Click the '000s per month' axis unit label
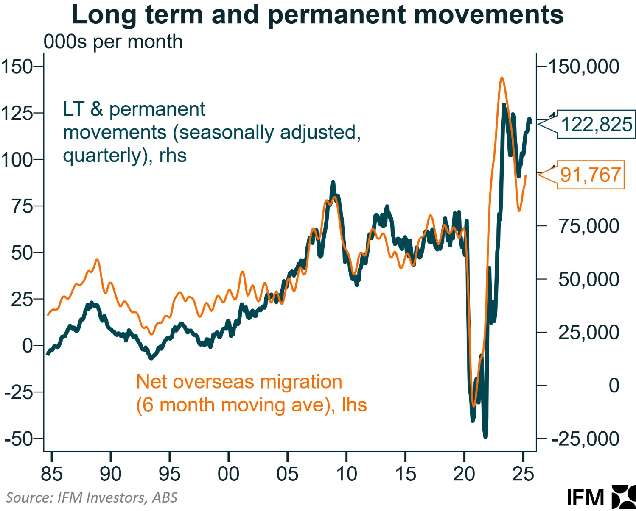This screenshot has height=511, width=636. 113,42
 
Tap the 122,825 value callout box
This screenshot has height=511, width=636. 596,125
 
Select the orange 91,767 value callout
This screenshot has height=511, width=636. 590,175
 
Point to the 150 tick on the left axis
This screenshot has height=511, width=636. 17,67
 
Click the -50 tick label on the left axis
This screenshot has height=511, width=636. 19,439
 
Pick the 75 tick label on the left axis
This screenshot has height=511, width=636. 22,206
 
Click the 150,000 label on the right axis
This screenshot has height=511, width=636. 584,67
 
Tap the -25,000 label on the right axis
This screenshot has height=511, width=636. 586,439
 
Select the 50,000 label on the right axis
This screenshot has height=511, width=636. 588,280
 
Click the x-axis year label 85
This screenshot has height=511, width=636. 51,474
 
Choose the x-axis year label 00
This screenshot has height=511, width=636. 228,474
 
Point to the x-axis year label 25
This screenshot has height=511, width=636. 523,474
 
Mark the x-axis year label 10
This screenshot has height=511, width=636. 346,474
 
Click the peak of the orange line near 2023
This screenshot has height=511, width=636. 502,78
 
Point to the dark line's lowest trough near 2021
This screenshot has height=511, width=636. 485,436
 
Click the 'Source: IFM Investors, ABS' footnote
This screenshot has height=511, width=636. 92,497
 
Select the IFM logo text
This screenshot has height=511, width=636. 586,497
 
